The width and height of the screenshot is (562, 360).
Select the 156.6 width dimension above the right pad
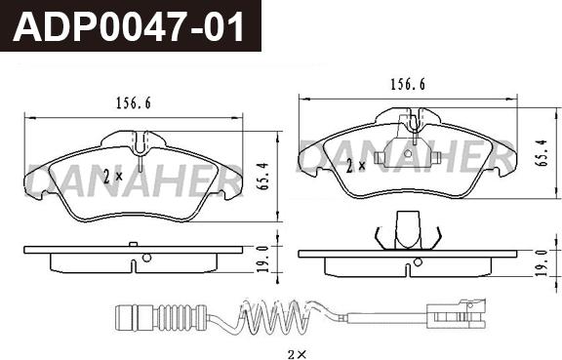point(407,85)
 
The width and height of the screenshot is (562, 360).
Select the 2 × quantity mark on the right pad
point(356,165)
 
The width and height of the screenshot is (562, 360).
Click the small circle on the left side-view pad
point(145,258)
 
